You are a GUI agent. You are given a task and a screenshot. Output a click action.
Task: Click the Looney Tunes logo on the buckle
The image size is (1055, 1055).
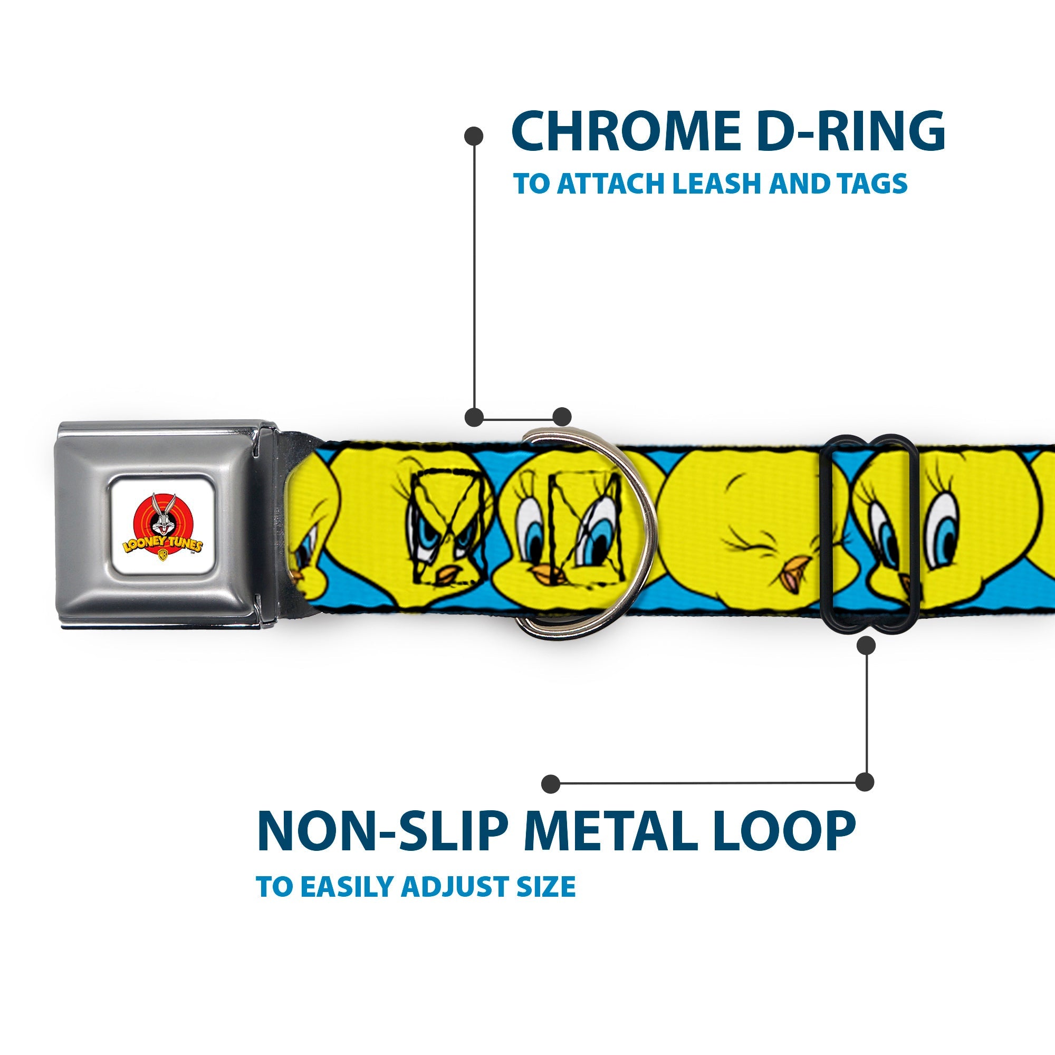pyautogui.click(x=162, y=527)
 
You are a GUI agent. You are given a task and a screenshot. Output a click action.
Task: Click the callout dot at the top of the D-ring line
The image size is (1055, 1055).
pyautogui.click(x=474, y=136)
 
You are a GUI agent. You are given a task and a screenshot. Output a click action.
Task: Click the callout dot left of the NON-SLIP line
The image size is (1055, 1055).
pyautogui.click(x=551, y=784)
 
